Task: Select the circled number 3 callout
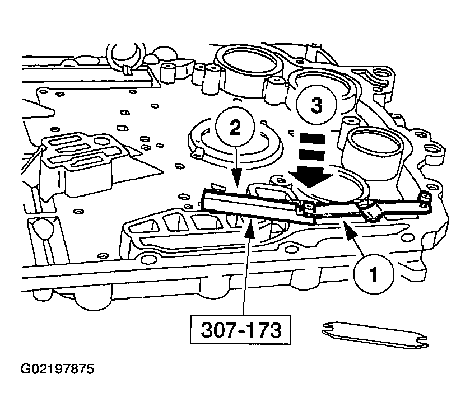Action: click(x=317, y=105)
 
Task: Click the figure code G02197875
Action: click(x=57, y=370)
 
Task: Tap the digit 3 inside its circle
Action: click(x=317, y=105)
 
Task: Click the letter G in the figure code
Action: click(x=26, y=370)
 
